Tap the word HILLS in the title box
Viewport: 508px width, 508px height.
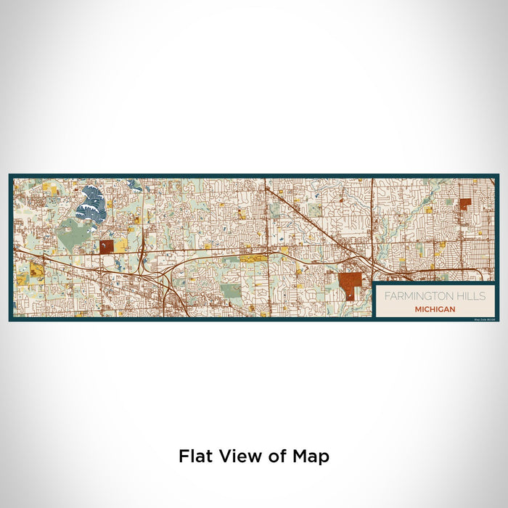(x=471, y=296)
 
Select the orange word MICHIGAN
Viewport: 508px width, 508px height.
(x=435, y=308)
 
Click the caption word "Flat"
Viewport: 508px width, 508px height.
(x=195, y=456)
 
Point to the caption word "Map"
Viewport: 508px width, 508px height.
(x=311, y=456)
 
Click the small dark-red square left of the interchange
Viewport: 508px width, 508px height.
(x=107, y=247)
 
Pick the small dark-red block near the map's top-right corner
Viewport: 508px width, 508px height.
(x=464, y=204)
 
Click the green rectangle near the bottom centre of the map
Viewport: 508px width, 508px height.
(x=231, y=291)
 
